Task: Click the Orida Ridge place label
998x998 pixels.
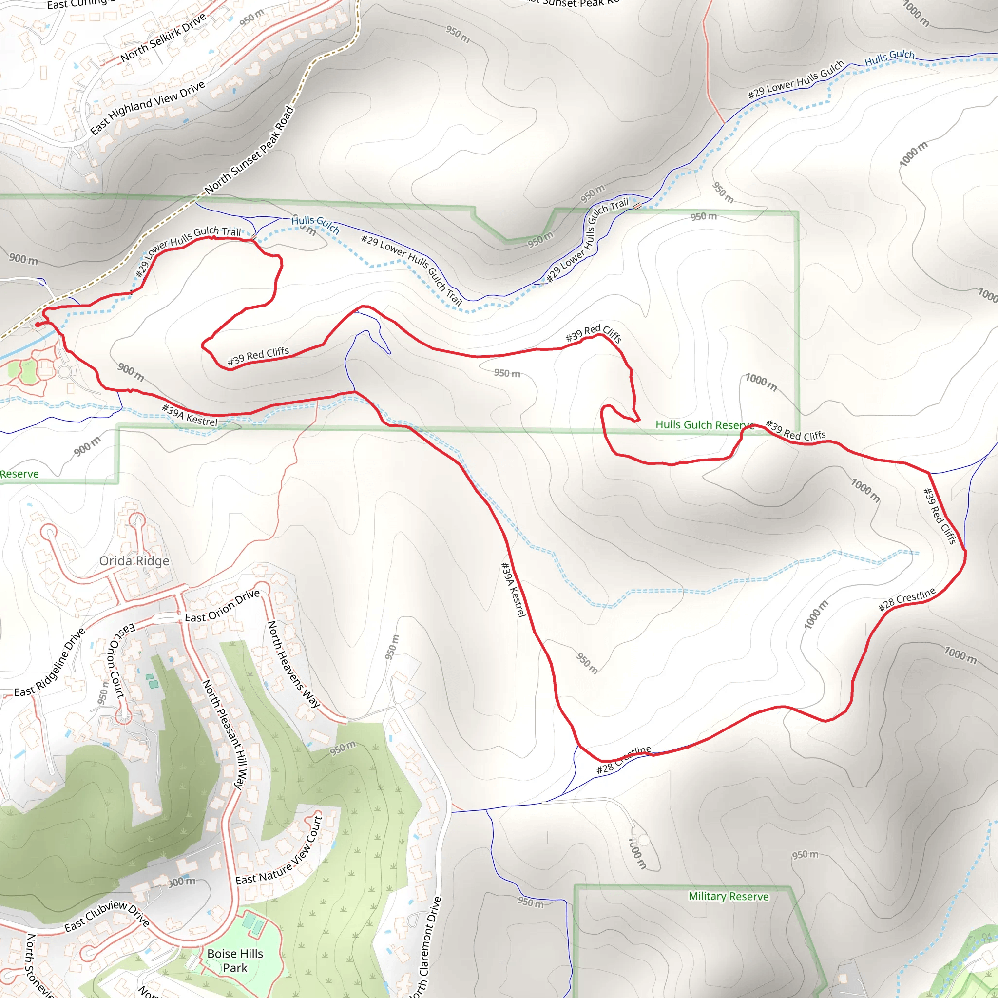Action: pos(134,561)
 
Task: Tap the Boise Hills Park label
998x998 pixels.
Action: pos(235,960)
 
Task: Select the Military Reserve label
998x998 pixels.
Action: pos(729,896)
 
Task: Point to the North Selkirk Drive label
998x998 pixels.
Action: pos(163,37)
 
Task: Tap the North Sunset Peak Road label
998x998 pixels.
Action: pos(249,150)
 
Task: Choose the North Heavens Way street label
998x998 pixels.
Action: pos(293,664)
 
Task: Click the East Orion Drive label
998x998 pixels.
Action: pos(222,606)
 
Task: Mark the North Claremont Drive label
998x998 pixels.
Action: pos(425,947)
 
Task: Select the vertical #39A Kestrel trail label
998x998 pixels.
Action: pos(514,590)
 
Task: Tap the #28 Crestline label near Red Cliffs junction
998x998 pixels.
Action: pos(906,599)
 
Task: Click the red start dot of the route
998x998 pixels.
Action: pos(38,325)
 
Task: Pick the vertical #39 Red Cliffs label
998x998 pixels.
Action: pos(940,516)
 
